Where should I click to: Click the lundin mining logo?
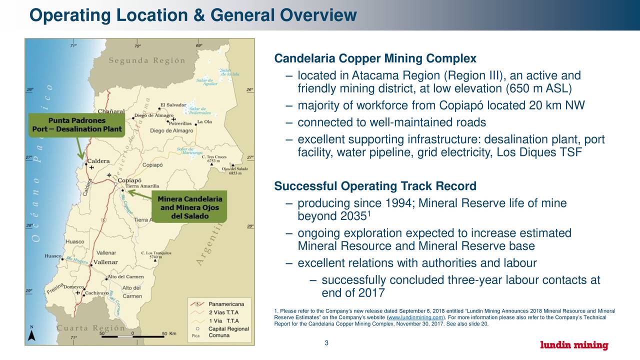click(574, 345)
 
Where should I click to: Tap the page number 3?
click(326, 342)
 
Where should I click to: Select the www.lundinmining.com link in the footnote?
click(415, 318)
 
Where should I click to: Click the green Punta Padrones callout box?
click(76, 125)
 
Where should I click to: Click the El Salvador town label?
click(173, 105)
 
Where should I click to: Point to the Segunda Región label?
click(147, 60)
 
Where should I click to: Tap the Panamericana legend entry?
click(229, 303)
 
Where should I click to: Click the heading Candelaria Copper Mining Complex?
click(375, 59)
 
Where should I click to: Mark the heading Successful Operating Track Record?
click(375, 186)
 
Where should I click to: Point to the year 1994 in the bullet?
click(398, 203)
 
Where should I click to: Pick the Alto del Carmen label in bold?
click(126, 277)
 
